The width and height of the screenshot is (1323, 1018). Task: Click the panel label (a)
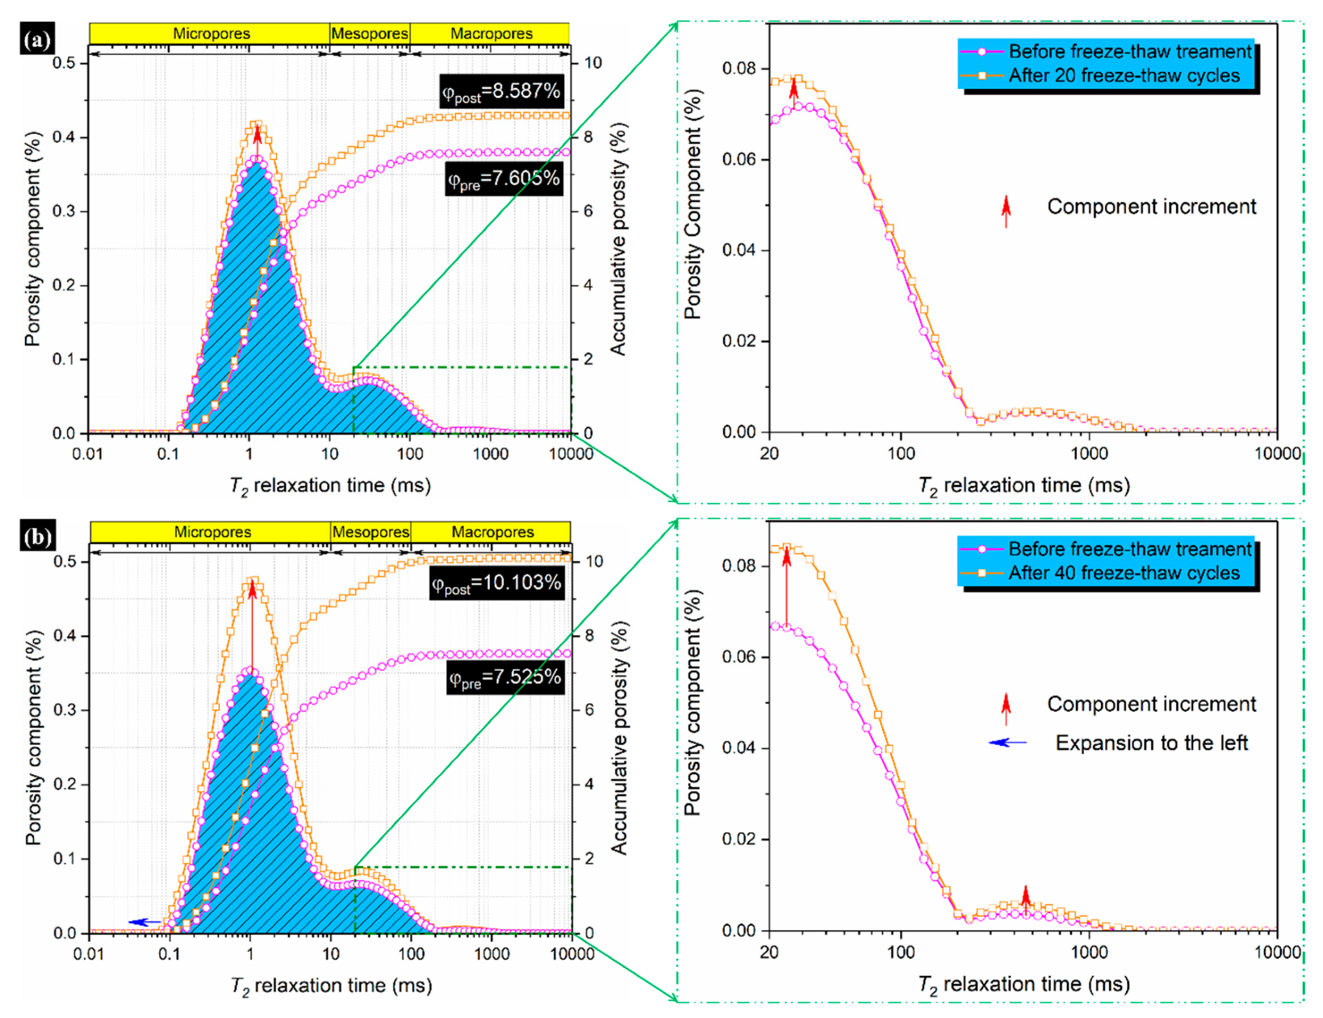(x=37, y=40)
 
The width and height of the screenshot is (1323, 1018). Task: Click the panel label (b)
(x=37, y=538)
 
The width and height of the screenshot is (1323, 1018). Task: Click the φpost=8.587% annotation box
(x=500, y=91)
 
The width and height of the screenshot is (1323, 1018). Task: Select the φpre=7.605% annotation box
(x=504, y=179)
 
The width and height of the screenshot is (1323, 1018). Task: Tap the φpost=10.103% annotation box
(x=496, y=584)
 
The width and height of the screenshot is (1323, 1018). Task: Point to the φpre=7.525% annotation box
(x=504, y=677)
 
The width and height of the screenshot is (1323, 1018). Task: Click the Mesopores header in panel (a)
(x=370, y=34)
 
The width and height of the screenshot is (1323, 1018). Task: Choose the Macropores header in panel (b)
(x=492, y=532)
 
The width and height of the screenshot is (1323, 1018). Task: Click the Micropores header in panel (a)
(x=211, y=34)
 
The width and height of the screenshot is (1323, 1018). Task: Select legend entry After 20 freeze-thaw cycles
(x=1123, y=76)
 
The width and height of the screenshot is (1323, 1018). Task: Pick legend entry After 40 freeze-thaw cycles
(x=1123, y=573)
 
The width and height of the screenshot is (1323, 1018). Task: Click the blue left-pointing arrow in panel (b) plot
(x=144, y=922)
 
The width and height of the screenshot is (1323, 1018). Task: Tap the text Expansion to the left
(x=1151, y=743)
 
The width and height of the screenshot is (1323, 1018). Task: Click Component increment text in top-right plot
(x=1151, y=207)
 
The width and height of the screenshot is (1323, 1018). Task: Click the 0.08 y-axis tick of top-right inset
(x=739, y=69)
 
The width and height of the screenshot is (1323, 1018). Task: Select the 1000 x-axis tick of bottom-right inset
(x=1089, y=953)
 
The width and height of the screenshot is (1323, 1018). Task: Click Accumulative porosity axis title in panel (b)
(x=618, y=738)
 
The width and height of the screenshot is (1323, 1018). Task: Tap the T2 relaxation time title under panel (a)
(x=330, y=486)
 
